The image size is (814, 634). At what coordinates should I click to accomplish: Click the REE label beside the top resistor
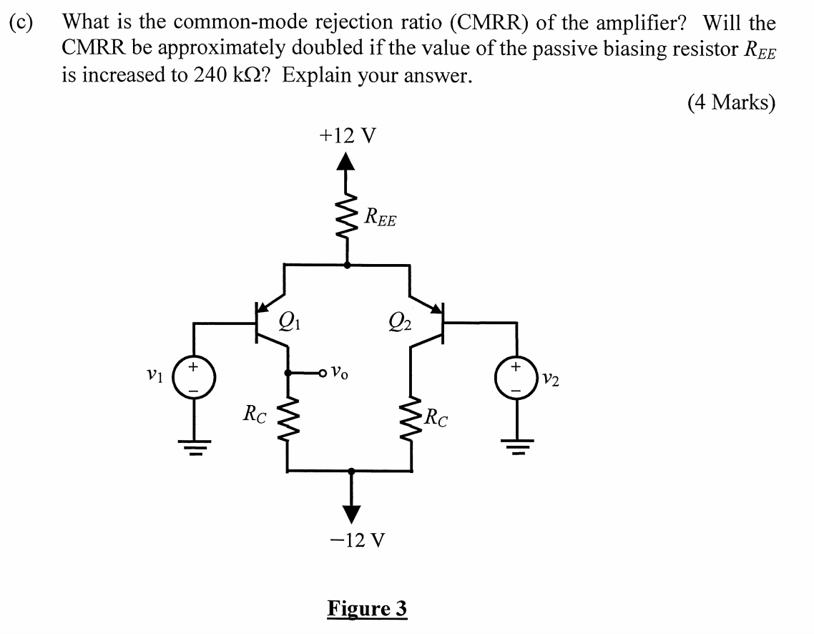380,216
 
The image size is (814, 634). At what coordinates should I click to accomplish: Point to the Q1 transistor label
290,316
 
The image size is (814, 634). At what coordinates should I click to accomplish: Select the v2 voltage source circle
516,376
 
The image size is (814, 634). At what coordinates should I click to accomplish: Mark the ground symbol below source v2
516,448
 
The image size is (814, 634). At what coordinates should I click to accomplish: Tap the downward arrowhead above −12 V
350,512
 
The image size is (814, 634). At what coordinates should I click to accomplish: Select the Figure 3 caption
367,608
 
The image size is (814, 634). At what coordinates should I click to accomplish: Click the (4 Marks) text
731,103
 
